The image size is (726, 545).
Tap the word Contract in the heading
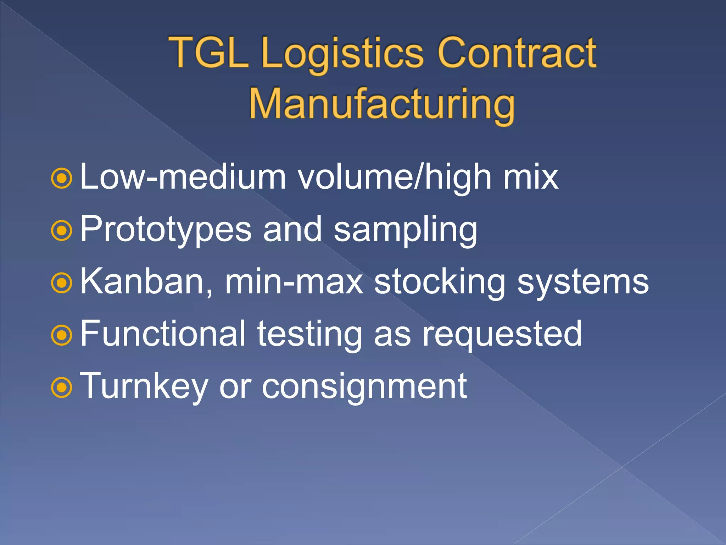(x=517, y=53)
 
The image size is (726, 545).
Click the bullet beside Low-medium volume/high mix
(x=62, y=179)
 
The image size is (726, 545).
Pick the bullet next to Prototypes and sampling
(x=62, y=231)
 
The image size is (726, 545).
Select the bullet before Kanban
(x=62, y=283)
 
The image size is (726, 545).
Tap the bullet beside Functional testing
(x=62, y=335)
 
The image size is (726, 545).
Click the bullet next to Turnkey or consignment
(x=62, y=387)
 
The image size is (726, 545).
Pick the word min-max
(x=294, y=282)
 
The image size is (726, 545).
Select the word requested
(x=502, y=335)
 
